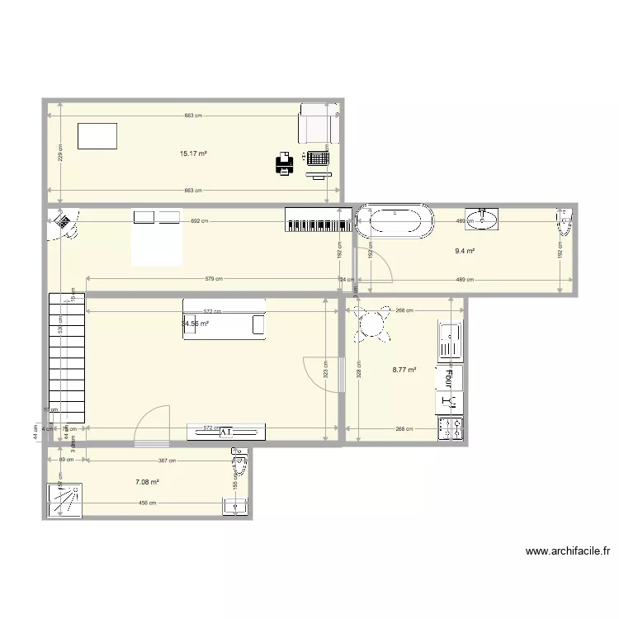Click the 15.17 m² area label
[193, 153]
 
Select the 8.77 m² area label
[404, 371]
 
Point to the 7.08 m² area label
[147, 482]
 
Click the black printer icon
[284, 163]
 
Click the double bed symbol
[156, 238]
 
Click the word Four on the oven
[450, 379]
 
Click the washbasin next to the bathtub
[481, 218]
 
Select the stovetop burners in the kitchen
[451, 428]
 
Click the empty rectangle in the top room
[97, 136]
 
